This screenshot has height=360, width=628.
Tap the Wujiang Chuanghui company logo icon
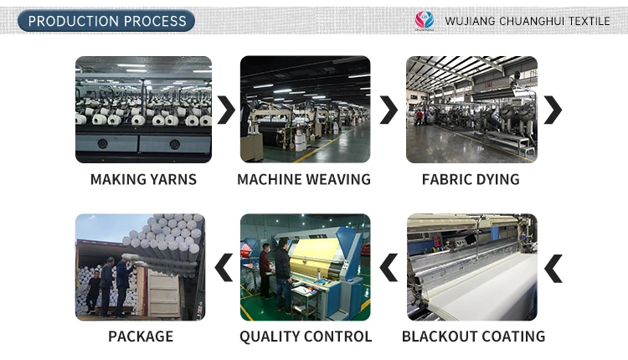[425, 20]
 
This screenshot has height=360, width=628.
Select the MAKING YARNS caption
[143, 179]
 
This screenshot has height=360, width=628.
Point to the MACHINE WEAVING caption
[304, 179]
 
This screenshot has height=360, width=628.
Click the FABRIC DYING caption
[471, 179]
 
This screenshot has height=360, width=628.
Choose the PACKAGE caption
[141, 337]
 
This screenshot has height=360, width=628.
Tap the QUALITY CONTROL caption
[306, 337]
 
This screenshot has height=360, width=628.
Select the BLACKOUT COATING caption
[473, 337]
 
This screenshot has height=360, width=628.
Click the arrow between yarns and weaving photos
[226, 110]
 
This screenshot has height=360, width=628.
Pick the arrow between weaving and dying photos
[389, 110]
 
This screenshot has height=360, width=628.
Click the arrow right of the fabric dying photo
[553, 110]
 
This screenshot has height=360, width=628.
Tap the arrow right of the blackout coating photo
[553, 269]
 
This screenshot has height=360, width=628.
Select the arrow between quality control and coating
[389, 269]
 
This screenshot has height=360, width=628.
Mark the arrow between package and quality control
[224, 269]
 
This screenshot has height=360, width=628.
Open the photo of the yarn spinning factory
[143, 109]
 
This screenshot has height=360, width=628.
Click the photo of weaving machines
[305, 109]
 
